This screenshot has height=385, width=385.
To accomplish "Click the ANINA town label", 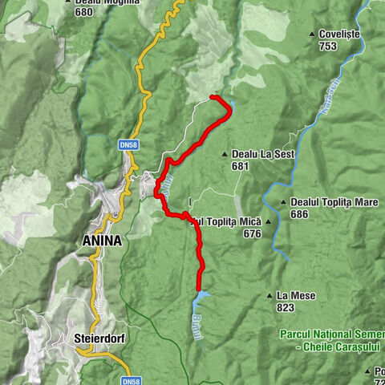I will (101, 240).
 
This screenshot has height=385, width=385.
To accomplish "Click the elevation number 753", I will (326, 47).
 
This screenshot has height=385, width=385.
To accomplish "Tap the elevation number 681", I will (240, 166).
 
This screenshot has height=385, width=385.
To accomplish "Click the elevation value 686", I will (299, 214).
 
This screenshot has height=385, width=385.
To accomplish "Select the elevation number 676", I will (252, 233).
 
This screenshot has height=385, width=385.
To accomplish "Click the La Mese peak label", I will (296, 296).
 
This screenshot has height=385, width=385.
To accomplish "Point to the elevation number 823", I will (286, 308).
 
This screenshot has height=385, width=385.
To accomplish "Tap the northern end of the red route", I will (213, 97).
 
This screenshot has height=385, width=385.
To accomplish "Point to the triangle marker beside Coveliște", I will (312, 34).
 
